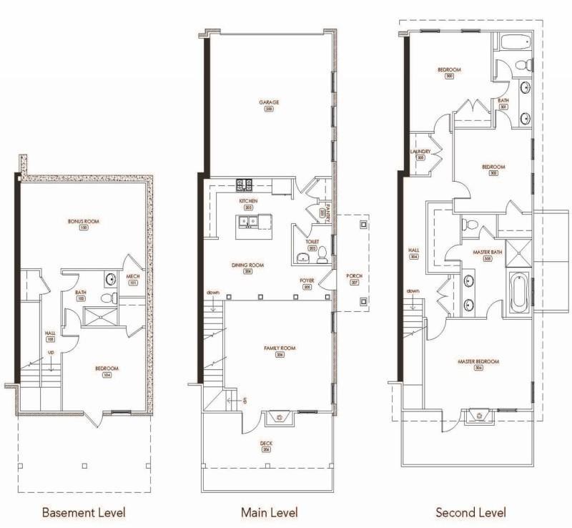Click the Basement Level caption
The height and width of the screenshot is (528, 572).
tap(84, 512)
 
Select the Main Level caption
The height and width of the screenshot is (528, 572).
tap(270, 512)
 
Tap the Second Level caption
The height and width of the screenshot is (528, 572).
tap(470, 512)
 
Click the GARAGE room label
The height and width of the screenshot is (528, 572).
tap(269, 103)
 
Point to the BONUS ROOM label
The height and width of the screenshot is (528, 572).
tap(84, 222)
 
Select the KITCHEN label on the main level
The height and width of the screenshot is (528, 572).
tap(248, 202)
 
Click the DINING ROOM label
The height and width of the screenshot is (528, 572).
tap(247, 265)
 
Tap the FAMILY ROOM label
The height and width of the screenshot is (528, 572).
tap(280, 348)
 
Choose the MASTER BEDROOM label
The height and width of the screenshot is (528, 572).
tap(478, 362)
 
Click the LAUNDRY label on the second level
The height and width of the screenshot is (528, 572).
tap(419, 152)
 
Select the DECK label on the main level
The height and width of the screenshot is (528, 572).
tap(266, 444)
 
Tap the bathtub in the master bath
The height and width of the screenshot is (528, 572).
tap(519, 294)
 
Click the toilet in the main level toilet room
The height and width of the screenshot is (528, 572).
tap(322, 253)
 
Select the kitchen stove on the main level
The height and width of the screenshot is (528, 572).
tap(243, 185)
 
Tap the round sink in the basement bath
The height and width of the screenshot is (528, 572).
tap(110, 280)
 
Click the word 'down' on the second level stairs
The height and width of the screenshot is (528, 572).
tap(413, 290)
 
